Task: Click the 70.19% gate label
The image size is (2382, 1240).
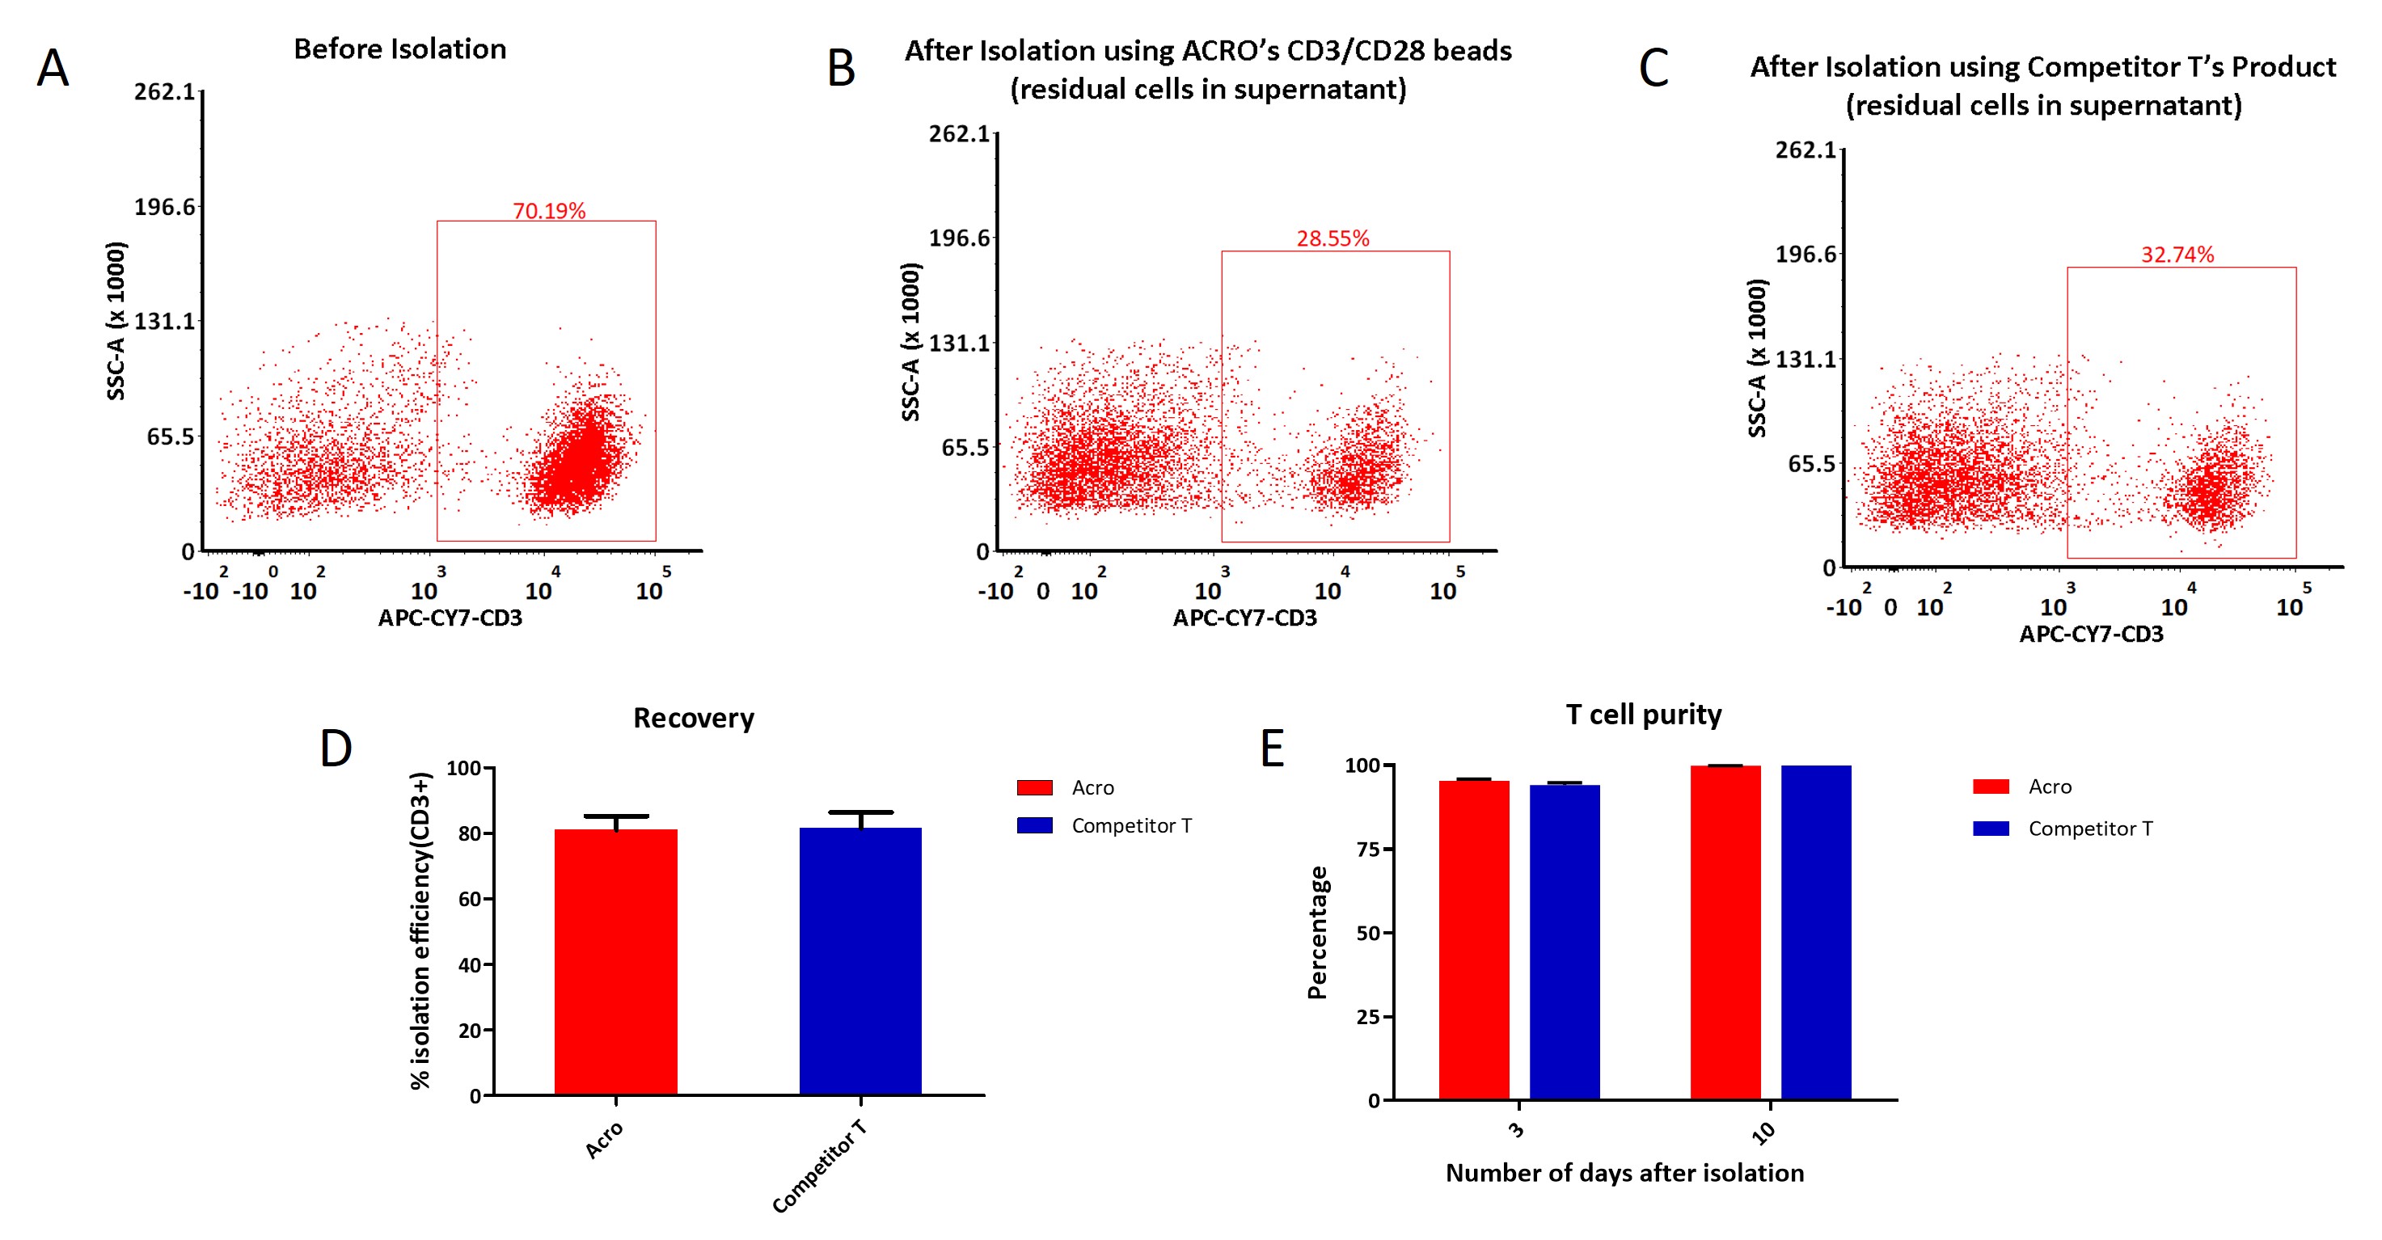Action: click(549, 211)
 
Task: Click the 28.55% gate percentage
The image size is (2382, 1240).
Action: click(1332, 238)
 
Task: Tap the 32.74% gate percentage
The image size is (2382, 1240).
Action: click(2177, 255)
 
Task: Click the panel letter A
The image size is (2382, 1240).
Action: click(53, 69)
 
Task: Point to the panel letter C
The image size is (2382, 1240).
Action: click(1653, 69)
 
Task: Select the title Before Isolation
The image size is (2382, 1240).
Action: click(399, 49)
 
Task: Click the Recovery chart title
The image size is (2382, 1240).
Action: click(694, 719)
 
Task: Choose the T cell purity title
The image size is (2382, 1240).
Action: click(1643, 715)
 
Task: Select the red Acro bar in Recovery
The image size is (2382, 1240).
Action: click(616, 962)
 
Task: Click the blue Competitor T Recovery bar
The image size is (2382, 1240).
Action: click(860, 962)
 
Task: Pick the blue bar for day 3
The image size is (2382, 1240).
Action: click(1565, 943)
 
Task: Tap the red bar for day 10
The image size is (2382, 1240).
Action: click(1725, 934)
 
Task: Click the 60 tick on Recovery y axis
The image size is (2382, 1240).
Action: click(470, 900)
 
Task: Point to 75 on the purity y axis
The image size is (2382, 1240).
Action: click(1369, 850)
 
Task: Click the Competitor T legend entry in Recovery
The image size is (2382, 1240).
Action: click(1131, 826)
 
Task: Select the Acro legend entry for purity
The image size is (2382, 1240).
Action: click(2049, 787)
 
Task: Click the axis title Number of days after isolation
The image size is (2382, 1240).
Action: click(1624, 1174)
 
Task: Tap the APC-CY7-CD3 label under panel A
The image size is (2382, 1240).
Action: click(450, 618)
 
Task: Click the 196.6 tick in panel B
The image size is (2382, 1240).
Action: click(959, 238)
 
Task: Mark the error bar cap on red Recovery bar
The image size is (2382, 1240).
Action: click(616, 816)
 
